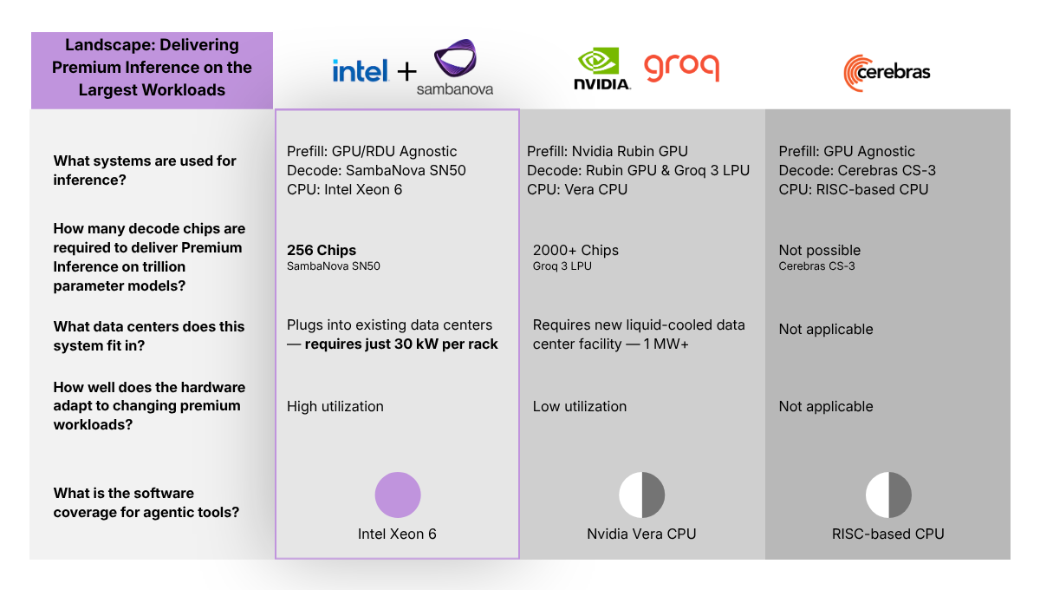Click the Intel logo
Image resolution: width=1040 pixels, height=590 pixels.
[361, 70]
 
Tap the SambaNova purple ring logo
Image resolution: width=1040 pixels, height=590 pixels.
[454, 61]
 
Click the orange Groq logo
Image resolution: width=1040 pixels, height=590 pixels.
[681, 68]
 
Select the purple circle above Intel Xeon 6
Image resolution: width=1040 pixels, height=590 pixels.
[398, 495]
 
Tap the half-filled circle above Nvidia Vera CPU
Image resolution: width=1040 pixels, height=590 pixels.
[641, 495]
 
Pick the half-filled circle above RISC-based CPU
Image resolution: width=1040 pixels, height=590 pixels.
[888, 495]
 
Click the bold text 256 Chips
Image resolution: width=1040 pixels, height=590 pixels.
[322, 250]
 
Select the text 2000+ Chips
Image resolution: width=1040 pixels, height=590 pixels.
[575, 250]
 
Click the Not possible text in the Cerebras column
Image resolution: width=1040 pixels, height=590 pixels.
[819, 250]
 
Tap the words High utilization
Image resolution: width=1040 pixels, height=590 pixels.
[335, 406]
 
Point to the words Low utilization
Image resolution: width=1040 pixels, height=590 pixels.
[579, 406]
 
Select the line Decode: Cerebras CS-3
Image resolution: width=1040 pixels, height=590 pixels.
[857, 170]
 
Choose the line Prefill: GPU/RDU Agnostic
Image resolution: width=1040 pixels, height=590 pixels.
[372, 151]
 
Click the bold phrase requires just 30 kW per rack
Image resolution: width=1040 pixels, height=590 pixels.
[401, 344]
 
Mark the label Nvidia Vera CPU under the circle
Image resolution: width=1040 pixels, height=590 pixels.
[641, 534]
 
